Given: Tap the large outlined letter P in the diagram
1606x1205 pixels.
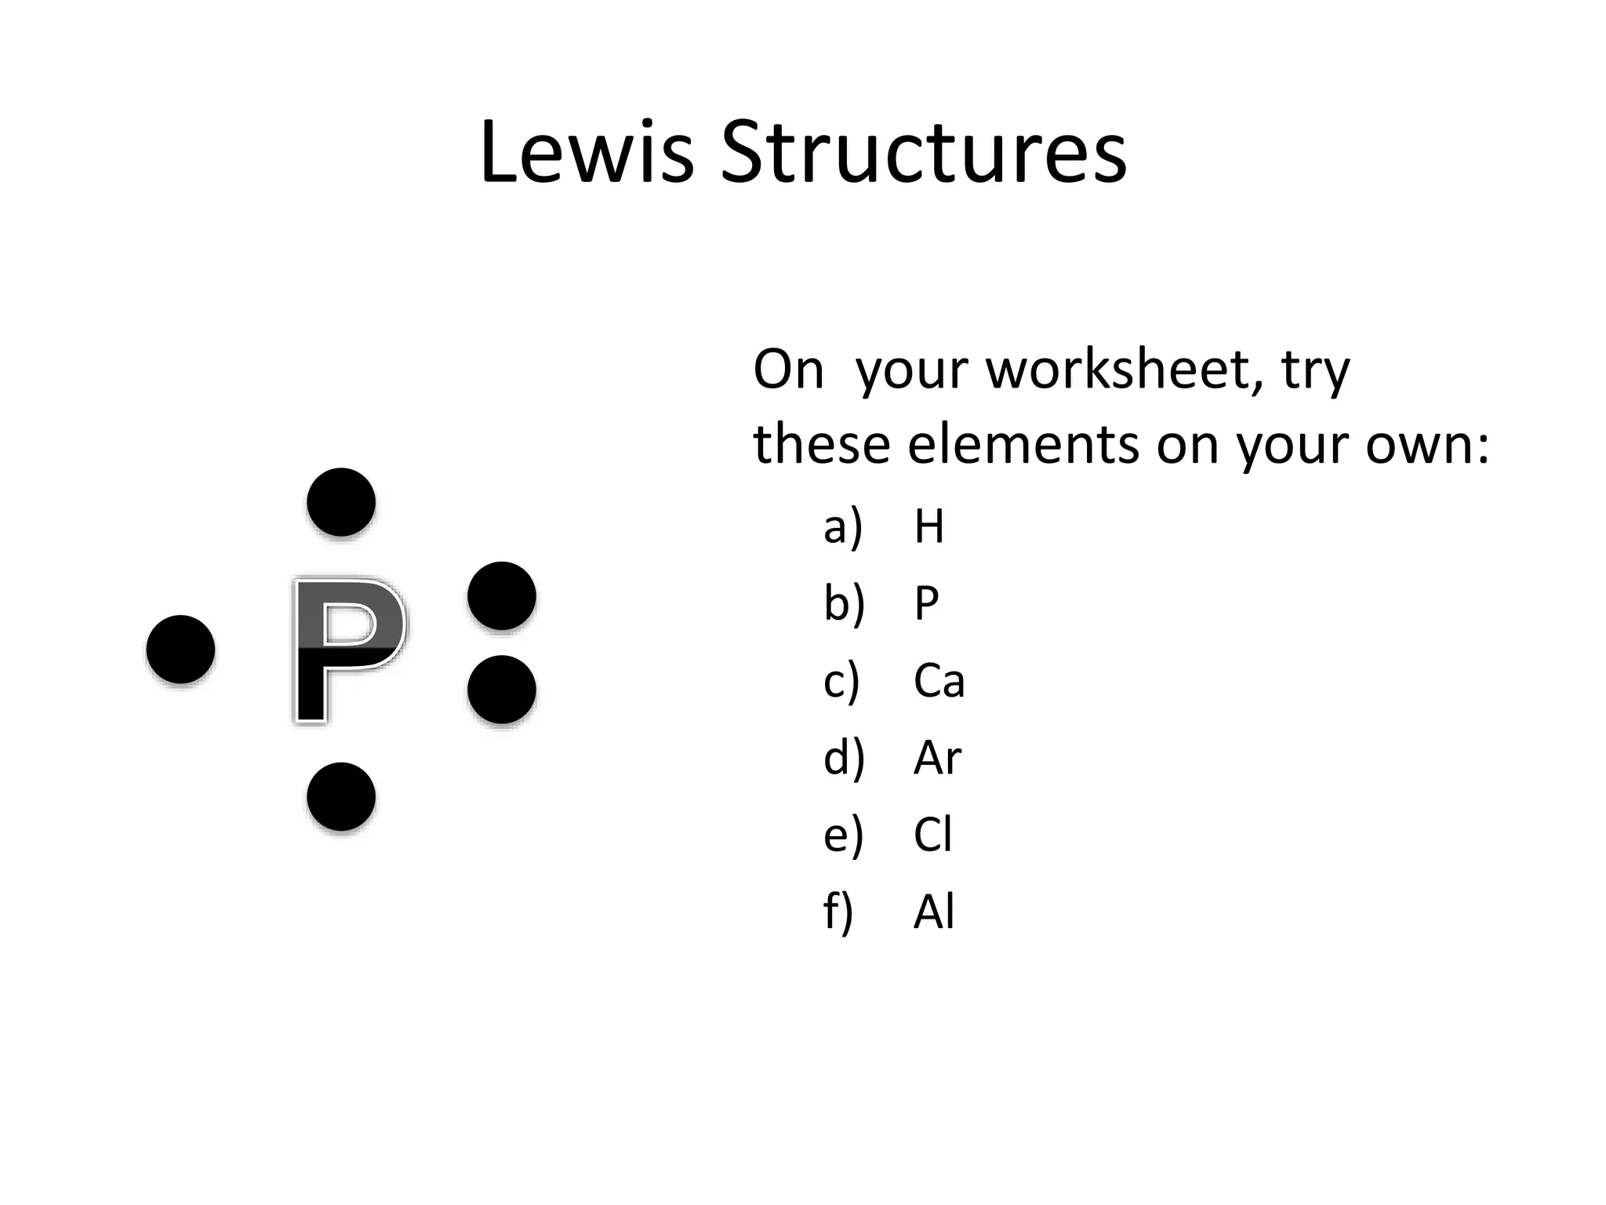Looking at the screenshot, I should coord(348,650).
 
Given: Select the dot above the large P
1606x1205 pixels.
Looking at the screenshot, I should coord(341,502).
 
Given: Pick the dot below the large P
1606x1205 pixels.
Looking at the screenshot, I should coord(341,796).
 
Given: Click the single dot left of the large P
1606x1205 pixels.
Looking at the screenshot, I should coord(180,649).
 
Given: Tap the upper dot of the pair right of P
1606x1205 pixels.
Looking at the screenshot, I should coord(502,595).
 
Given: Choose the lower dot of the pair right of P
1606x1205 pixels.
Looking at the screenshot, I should coord(502,690).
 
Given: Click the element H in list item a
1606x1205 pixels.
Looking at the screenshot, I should coord(928,526).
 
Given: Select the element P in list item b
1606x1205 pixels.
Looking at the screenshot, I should coord(926,603).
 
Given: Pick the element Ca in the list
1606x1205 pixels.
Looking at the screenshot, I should coord(939,680).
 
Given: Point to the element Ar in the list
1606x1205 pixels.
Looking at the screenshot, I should coord(937,758).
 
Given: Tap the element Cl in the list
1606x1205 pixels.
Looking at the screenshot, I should coord(932,835).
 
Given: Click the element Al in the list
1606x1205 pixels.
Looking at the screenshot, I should coord(933,912).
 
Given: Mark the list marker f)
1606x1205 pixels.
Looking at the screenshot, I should coord(838,912).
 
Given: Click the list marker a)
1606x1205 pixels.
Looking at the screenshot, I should coord(842,526).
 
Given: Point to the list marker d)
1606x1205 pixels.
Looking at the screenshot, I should coord(844,758).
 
